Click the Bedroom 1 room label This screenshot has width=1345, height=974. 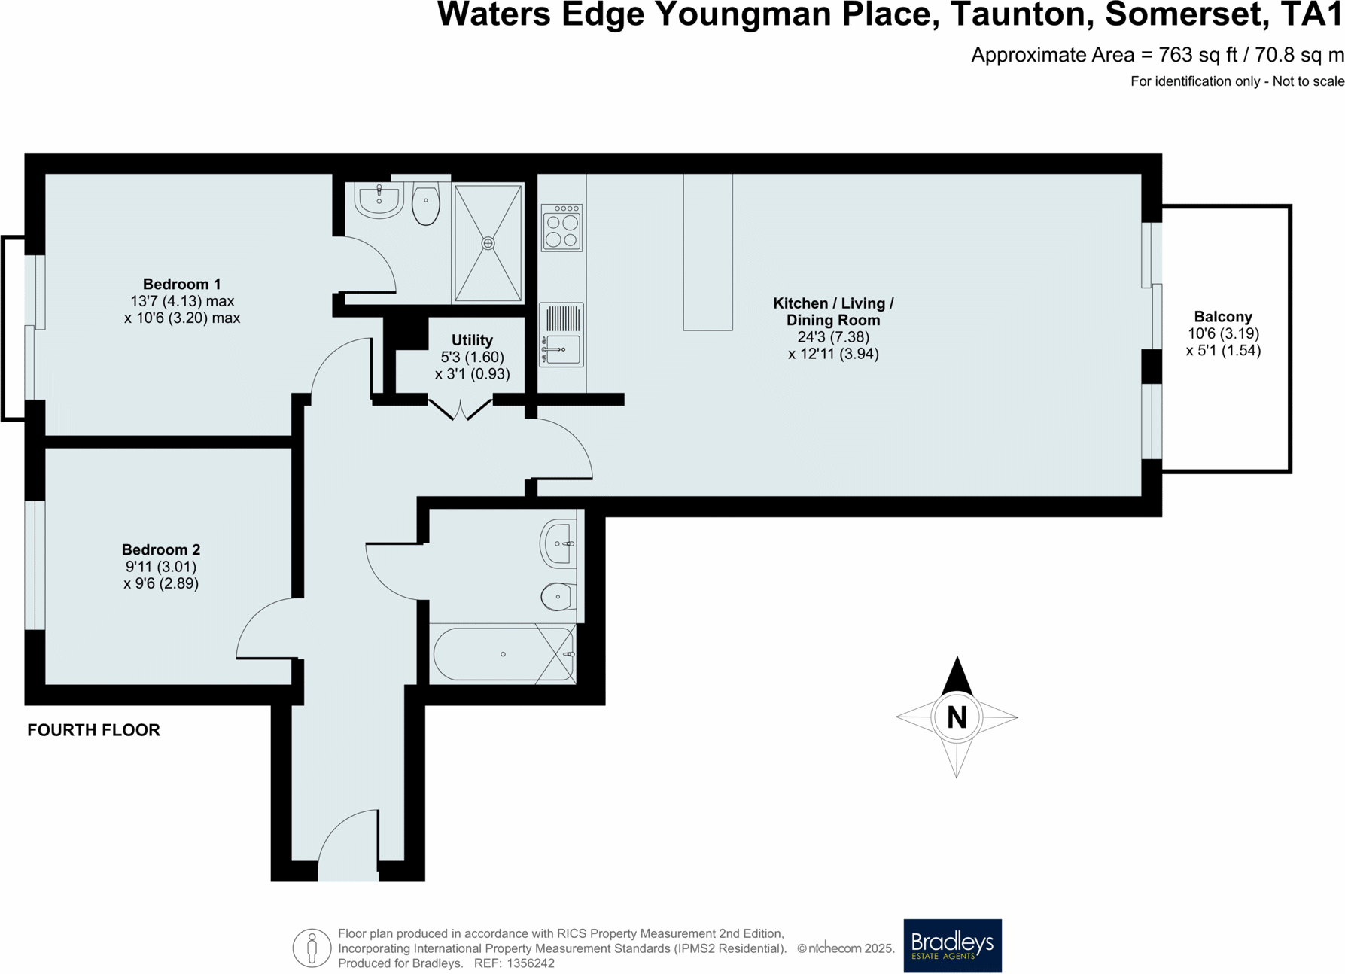(x=181, y=284)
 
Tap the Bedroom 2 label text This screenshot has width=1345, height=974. (x=161, y=549)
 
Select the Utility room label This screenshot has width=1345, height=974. (x=472, y=340)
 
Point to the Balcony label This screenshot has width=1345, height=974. (x=1222, y=317)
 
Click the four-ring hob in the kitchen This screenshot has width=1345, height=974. (x=561, y=228)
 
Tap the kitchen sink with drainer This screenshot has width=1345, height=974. (x=561, y=335)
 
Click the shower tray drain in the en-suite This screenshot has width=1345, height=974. (x=488, y=243)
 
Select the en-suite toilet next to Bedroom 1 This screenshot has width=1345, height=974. (x=426, y=204)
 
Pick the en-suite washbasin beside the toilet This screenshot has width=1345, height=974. (x=379, y=199)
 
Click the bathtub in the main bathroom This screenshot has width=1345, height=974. (x=503, y=654)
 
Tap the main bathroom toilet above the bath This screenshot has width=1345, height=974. (x=558, y=596)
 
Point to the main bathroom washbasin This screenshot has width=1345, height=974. (x=559, y=543)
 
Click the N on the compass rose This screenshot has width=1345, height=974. (x=957, y=717)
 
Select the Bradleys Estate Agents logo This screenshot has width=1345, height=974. (x=952, y=945)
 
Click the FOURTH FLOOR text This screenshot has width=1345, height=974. (x=93, y=730)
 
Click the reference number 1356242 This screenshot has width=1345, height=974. (x=531, y=963)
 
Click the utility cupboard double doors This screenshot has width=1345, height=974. (x=461, y=409)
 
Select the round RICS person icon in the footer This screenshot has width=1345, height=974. (x=312, y=948)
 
